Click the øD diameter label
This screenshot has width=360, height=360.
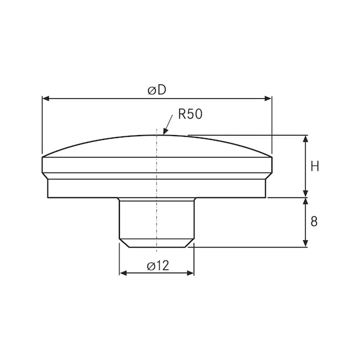pyautogui.click(x=157, y=90)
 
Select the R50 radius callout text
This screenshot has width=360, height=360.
pyautogui.click(x=191, y=114)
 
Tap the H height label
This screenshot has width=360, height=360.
pyautogui.click(x=314, y=166)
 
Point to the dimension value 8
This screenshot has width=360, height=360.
pyautogui.click(x=314, y=221)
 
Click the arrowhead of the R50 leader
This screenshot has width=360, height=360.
pyautogui.click(x=165, y=132)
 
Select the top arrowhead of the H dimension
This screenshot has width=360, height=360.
pyautogui.click(x=305, y=139)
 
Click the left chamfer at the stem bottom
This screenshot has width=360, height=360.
pyautogui.click(x=124, y=242)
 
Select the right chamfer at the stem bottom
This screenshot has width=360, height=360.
pyautogui.click(x=189, y=242)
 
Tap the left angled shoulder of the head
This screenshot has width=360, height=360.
pyautogui.click(x=45, y=176)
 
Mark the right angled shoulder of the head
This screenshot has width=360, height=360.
pyautogui.click(x=269, y=176)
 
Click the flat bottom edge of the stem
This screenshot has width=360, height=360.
pyautogui.click(x=157, y=246)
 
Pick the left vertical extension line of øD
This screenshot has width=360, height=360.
pyautogui.click(x=42, y=125)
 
